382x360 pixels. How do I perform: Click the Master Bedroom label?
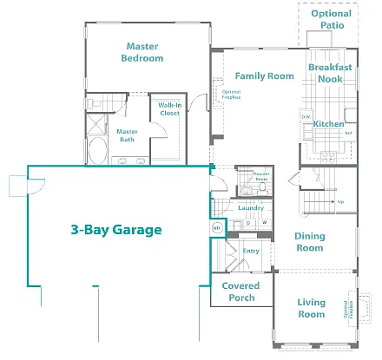[x=144, y=52]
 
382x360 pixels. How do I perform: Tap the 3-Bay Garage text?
[x=115, y=230]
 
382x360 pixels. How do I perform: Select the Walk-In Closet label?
[x=169, y=108]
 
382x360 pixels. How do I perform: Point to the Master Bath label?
[x=127, y=135]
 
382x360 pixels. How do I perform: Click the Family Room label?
[x=265, y=76]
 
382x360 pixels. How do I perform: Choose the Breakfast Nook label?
[x=330, y=73]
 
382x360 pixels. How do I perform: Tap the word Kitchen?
[x=329, y=124]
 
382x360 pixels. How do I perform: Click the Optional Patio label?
[x=332, y=19]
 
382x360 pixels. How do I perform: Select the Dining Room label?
[x=309, y=242]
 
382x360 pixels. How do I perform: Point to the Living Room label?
[x=311, y=308]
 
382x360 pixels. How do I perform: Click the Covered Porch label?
[x=240, y=291]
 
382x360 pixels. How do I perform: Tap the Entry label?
[x=251, y=251]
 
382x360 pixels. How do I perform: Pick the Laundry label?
[x=250, y=208]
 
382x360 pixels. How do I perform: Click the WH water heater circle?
[x=217, y=227]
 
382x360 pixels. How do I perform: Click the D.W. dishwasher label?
[x=306, y=116]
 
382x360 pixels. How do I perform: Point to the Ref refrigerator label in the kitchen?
[x=347, y=132]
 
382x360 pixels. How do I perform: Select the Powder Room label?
[x=260, y=177]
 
